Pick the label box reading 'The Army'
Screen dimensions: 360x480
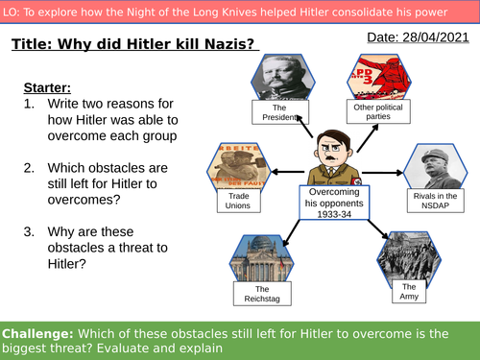click(x=409, y=290)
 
